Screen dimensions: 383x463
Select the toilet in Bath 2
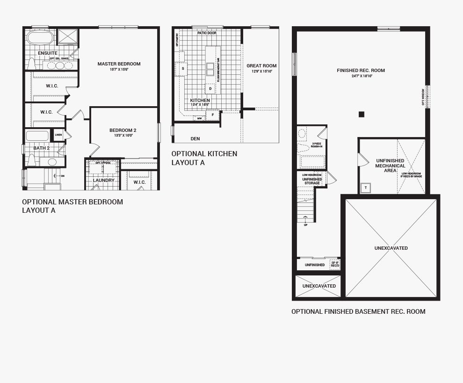coord(32,160)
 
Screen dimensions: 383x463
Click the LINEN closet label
coord(58,135)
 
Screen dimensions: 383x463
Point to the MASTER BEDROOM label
coord(119,64)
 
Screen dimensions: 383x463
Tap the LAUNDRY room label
coord(103,181)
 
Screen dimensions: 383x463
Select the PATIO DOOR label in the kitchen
coord(206,33)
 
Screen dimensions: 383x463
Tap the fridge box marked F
coord(213,115)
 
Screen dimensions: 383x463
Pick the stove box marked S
coord(182,69)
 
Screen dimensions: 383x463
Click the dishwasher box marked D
coord(210,88)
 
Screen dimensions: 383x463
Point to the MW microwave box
coord(199,118)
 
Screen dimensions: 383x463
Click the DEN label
coord(195,139)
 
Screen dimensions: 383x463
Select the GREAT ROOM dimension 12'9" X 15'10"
coord(261,72)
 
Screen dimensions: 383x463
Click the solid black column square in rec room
coord(361,114)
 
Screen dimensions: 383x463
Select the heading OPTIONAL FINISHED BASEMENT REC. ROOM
coord(358,311)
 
